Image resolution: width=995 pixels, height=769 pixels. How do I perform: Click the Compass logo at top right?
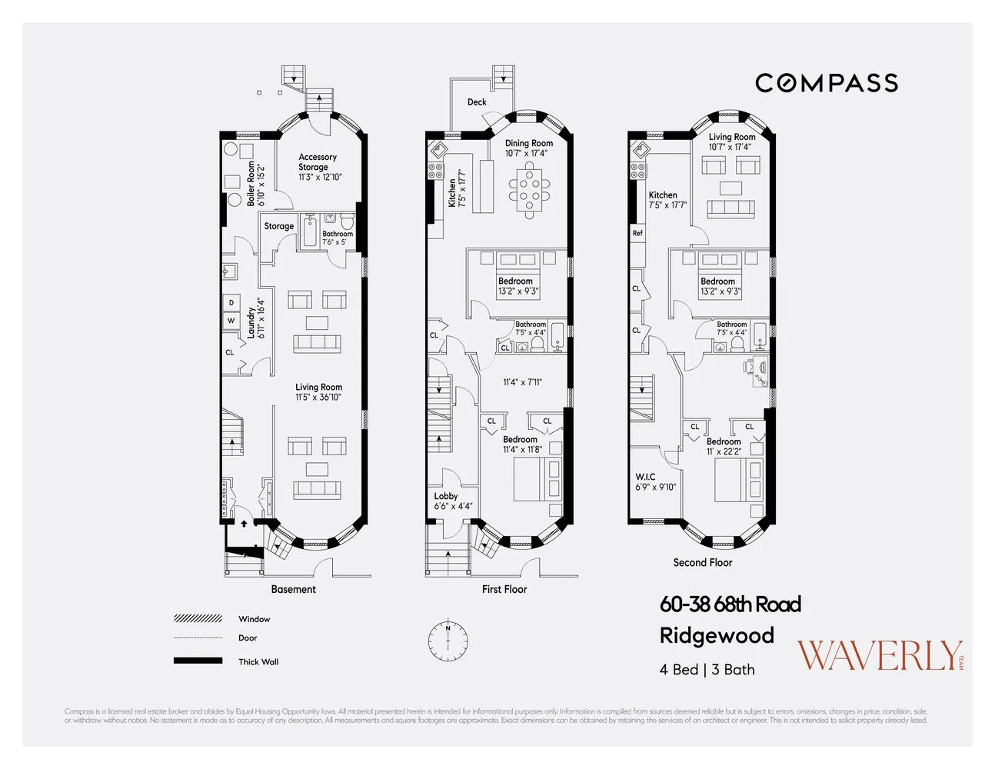[826, 83]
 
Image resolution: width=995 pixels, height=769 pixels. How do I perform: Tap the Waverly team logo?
[879, 656]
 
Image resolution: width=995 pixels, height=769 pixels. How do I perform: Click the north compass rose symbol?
[448, 639]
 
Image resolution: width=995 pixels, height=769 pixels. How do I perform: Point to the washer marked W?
[231, 321]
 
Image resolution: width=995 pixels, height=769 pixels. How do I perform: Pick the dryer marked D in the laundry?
[231, 303]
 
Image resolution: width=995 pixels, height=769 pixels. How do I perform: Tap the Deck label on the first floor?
[477, 102]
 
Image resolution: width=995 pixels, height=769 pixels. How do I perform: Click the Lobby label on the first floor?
[446, 496]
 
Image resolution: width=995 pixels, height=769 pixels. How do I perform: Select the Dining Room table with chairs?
[529, 190]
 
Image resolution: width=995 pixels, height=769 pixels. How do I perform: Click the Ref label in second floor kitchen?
[637, 233]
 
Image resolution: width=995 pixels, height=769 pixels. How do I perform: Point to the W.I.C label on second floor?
[645, 477]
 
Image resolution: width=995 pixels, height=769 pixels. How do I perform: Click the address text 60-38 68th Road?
[730, 604]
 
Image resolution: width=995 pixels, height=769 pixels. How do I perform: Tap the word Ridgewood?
[717, 636]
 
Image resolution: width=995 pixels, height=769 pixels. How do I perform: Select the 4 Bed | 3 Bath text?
[707, 670]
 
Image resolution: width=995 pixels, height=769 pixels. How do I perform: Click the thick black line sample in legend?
[198, 661]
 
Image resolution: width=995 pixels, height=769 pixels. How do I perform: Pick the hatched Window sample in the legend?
[198, 618]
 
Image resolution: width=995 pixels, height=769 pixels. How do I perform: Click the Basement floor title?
[293, 589]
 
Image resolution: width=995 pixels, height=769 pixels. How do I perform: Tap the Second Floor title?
[702, 562]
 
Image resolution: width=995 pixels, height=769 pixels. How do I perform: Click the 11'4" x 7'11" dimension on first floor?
[522, 382]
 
